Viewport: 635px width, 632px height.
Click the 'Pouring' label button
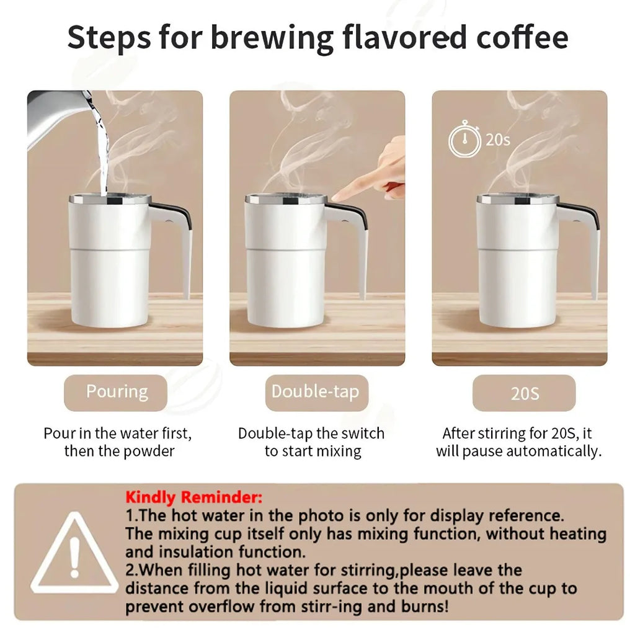coord(116,392)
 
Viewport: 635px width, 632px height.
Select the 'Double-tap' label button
coord(315,392)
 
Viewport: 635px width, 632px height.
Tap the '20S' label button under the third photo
coord(524,393)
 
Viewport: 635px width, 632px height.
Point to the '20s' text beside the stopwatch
coord(497,140)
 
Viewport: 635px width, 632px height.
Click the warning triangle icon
coord(74,553)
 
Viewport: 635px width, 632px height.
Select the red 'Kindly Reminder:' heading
coord(193,497)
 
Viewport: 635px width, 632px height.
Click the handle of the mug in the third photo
coord(588,242)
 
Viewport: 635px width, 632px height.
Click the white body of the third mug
coord(517,273)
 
